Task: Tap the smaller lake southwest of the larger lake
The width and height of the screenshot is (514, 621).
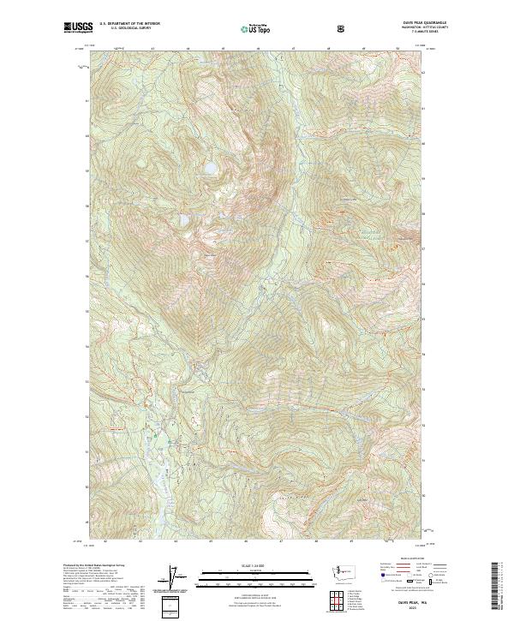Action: coord(183,220)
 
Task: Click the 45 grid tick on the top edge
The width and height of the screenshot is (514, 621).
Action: coord(222,49)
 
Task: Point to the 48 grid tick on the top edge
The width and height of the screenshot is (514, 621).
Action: coord(328,49)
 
